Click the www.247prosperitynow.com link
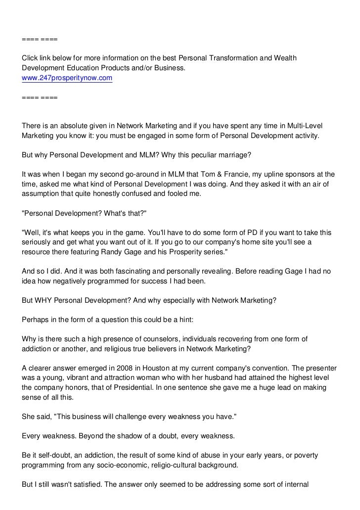point(67,78)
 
